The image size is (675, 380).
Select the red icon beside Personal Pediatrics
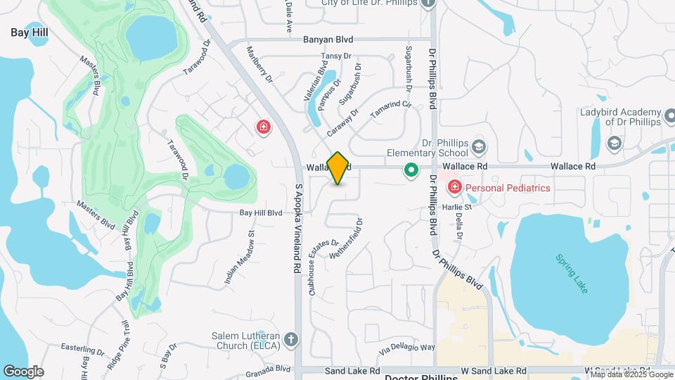click(x=454, y=187)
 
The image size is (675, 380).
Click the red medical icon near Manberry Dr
click(x=264, y=127)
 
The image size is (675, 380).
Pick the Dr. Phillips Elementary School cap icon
click(x=480, y=147)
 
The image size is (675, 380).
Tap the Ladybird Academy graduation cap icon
click(x=614, y=144)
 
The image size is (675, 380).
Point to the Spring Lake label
click(x=570, y=274)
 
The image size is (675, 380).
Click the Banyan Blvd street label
click(x=328, y=40)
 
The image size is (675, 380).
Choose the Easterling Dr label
click(x=82, y=350)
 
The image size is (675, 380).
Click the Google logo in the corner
click(x=23, y=371)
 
